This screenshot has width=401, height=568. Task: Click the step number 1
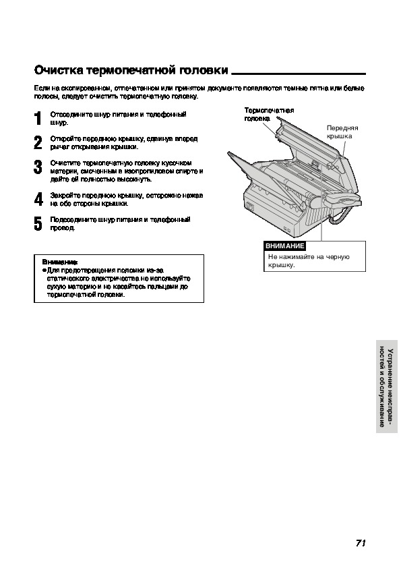(38, 119)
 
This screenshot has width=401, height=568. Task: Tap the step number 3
(38, 167)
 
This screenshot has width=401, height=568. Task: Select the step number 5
(38, 223)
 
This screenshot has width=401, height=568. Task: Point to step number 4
(38, 199)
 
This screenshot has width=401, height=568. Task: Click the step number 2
(38, 143)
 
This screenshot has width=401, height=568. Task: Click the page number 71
(361, 543)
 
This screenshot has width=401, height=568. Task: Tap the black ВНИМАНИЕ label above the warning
(285, 246)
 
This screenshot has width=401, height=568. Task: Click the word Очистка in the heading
(59, 70)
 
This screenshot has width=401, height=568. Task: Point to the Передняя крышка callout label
(342, 132)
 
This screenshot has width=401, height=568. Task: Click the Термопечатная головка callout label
(269, 114)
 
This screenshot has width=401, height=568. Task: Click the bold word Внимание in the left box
(60, 262)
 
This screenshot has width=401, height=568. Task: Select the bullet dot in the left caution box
(44, 271)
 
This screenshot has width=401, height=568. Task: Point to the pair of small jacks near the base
(288, 229)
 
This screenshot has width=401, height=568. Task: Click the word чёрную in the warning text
(338, 257)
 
